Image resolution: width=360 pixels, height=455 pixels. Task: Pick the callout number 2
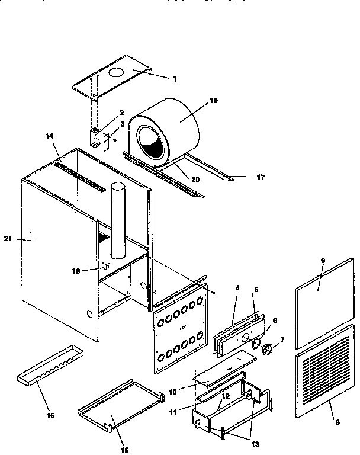[121, 112]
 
